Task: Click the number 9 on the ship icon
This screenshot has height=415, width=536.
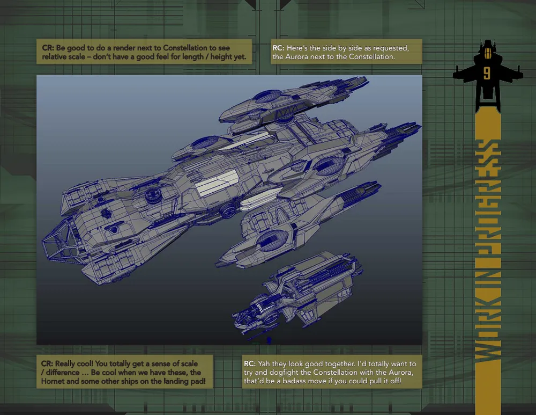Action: [486, 71]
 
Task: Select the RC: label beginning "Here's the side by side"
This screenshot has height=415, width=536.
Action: [279, 48]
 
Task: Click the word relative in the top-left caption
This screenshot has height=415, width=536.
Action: [57, 57]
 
